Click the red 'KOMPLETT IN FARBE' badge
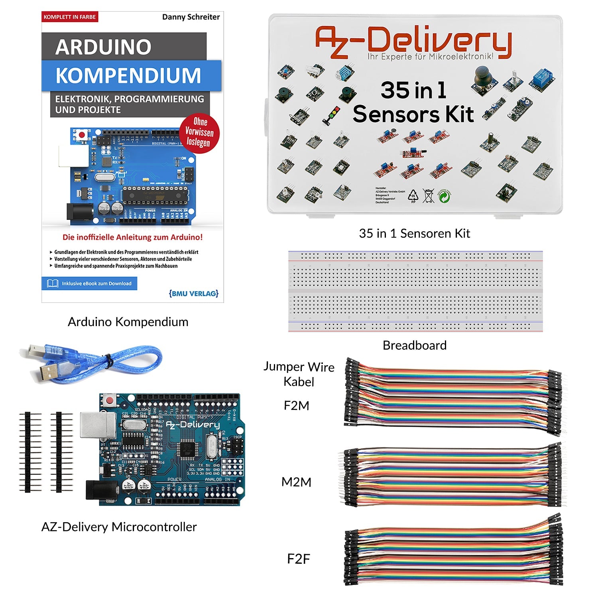tap(70, 17)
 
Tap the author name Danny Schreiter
tap(191, 17)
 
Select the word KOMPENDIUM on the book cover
tap(128, 75)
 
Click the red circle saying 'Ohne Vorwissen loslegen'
tap(199, 132)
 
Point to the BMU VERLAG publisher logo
tap(194, 293)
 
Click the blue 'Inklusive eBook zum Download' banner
tap(89, 283)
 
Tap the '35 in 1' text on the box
tap(413, 90)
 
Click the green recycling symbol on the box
tap(445, 196)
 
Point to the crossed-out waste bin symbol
tap(428, 196)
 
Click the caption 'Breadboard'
tap(414, 345)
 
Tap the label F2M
tap(296, 405)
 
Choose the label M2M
tap(296, 482)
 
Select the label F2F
tap(298, 559)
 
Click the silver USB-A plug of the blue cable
tap(48, 374)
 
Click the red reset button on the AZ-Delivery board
tap(109, 399)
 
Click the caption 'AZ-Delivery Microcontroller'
tap(119, 527)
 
